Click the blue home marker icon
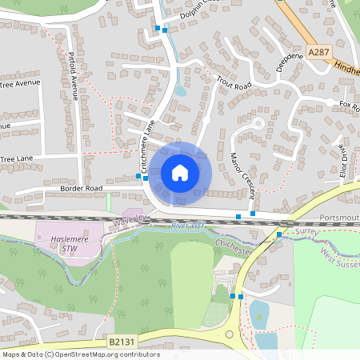click(x=179, y=172)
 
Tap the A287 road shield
click(x=319, y=52)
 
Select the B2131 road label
click(x=121, y=342)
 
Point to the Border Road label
click(x=82, y=188)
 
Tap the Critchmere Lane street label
click(x=146, y=149)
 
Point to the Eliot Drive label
click(x=342, y=160)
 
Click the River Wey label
click(x=188, y=226)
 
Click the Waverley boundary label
click(x=127, y=219)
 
